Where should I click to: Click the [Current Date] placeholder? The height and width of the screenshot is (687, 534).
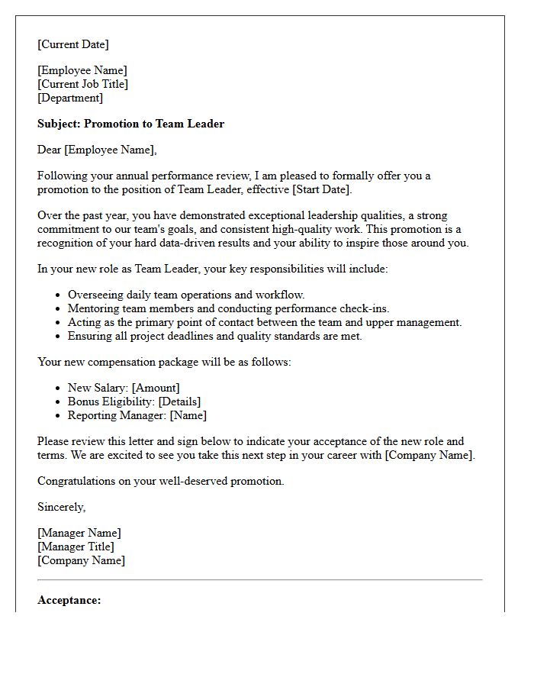pyautogui.click(x=73, y=44)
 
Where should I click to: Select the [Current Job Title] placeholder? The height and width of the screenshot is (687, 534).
pyautogui.click(x=83, y=84)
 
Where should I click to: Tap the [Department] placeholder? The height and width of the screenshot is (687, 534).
pyautogui.click(x=70, y=98)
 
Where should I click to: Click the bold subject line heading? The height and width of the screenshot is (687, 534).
pyautogui.click(x=130, y=124)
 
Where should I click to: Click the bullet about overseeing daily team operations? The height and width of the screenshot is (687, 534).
pyautogui.click(x=186, y=295)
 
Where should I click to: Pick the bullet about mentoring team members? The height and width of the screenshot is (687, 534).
pyautogui.click(x=228, y=308)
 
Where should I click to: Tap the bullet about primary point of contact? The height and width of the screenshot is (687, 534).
pyautogui.click(x=264, y=322)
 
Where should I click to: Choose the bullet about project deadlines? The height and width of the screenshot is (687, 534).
pyautogui.click(x=214, y=336)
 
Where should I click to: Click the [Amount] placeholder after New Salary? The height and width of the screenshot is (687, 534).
pyautogui.click(x=156, y=388)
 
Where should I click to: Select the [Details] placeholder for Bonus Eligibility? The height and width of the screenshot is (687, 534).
pyautogui.click(x=179, y=402)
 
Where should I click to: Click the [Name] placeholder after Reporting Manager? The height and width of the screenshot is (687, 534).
pyautogui.click(x=188, y=415)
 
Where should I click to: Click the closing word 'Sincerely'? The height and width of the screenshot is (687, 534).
pyautogui.click(x=61, y=507)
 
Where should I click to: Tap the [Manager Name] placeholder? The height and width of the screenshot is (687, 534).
pyautogui.click(x=79, y=533)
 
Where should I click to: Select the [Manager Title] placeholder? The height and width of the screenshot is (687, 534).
pyautogui.click(x=76, y=547)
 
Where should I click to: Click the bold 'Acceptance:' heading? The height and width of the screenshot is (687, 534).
pyautogui.click(x=69, y=600)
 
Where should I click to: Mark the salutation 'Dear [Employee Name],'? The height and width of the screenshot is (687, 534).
pyautogui.click(x=97, y=150)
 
